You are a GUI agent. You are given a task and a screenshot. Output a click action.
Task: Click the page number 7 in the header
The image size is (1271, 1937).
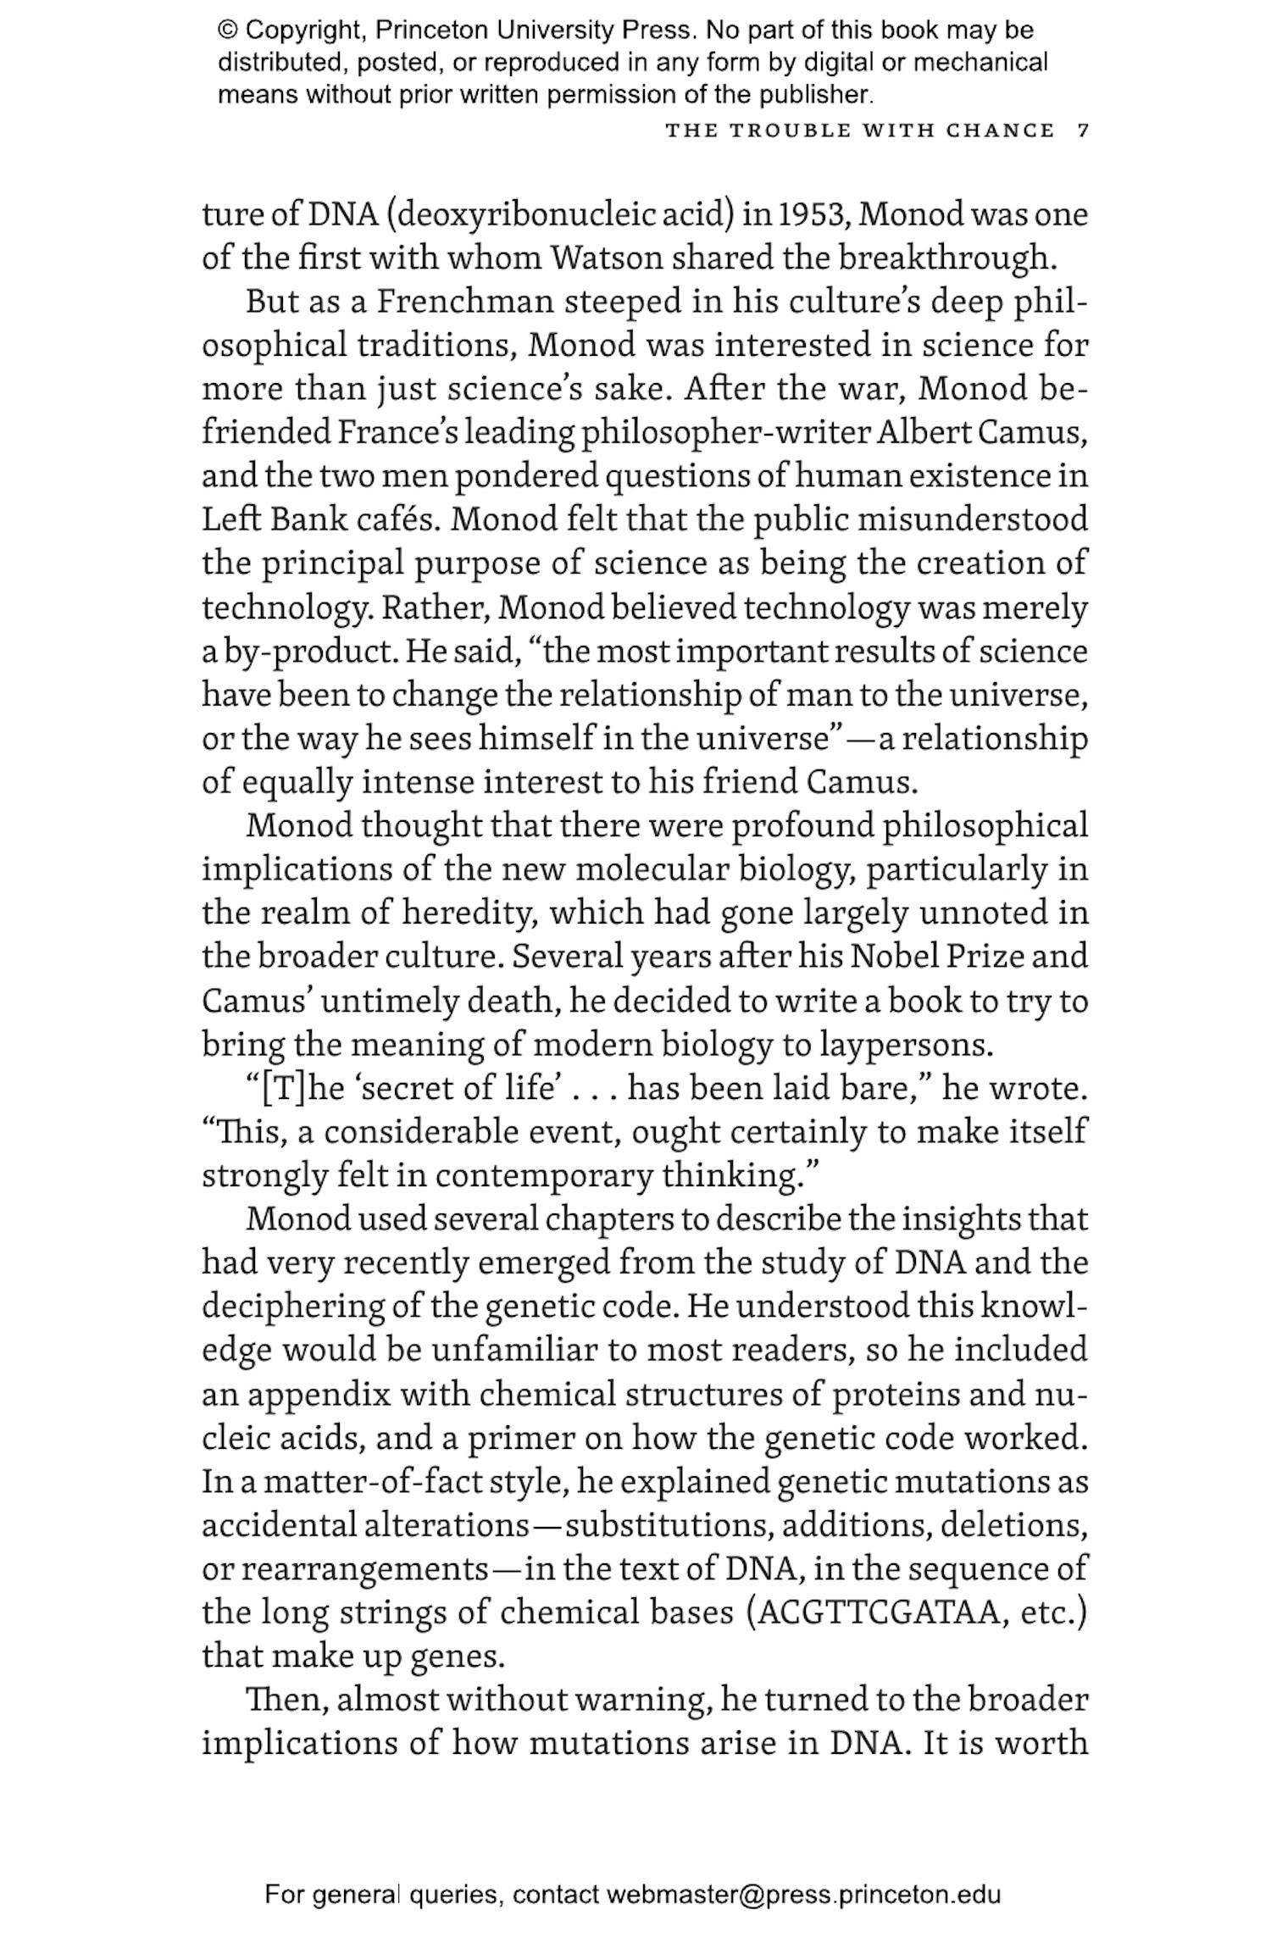[1082, 130]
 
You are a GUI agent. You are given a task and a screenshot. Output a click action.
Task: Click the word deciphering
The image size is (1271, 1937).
[293, 1307]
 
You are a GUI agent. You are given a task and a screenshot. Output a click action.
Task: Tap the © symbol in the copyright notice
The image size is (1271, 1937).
[227, 31]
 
